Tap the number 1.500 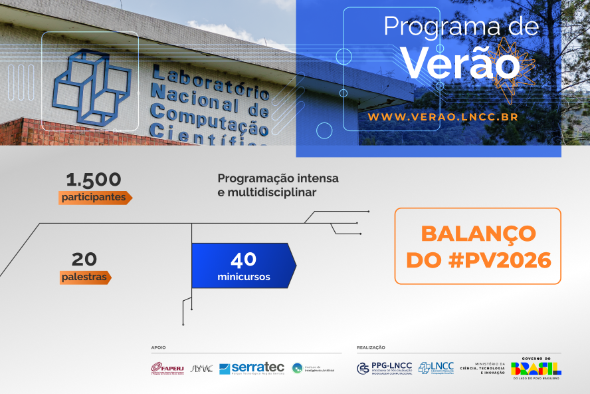pos(94,180)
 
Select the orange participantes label pos(94,198)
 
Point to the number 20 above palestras pos(84,258)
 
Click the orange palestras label pos(84,277)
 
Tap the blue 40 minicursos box pos(243,266)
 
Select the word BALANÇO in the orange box pos(478,234)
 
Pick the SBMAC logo pos(201,368)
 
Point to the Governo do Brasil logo pos(536,367)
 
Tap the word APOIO pos(158,347)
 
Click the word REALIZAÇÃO pos(371,347)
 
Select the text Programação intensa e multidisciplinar pos(278,185)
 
